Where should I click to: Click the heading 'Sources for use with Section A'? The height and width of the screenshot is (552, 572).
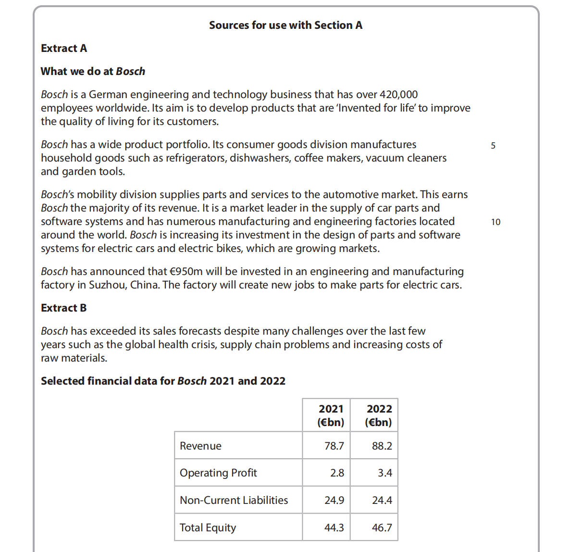[286, 25]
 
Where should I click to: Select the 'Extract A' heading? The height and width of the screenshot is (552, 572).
[64, 49]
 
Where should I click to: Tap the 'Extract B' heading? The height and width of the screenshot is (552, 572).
[64, 308]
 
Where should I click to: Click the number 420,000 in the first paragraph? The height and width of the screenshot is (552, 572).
[398, 95]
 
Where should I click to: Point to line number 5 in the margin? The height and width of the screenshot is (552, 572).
[493, 146]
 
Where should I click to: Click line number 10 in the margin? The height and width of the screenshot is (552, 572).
[496, 222]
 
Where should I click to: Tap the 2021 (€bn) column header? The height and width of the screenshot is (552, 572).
[331, 415]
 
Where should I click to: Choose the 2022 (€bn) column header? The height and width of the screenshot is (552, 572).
[379, 415]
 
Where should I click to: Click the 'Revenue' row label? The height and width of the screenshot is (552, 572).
[200, 446]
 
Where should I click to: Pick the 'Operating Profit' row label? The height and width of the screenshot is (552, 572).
[218, 473]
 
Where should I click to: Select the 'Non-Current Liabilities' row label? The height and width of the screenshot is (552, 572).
[234, 501]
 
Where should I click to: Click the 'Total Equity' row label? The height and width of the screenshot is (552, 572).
[208, 528]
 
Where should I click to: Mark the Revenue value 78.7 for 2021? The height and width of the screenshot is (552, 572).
[334, 446]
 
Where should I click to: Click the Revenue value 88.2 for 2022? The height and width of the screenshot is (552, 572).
[382, 446]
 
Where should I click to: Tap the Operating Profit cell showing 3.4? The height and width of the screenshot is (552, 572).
[385, 473]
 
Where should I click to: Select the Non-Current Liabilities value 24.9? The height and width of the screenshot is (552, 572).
[334, 501]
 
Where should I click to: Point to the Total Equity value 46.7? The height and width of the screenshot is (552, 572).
[382, 528]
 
